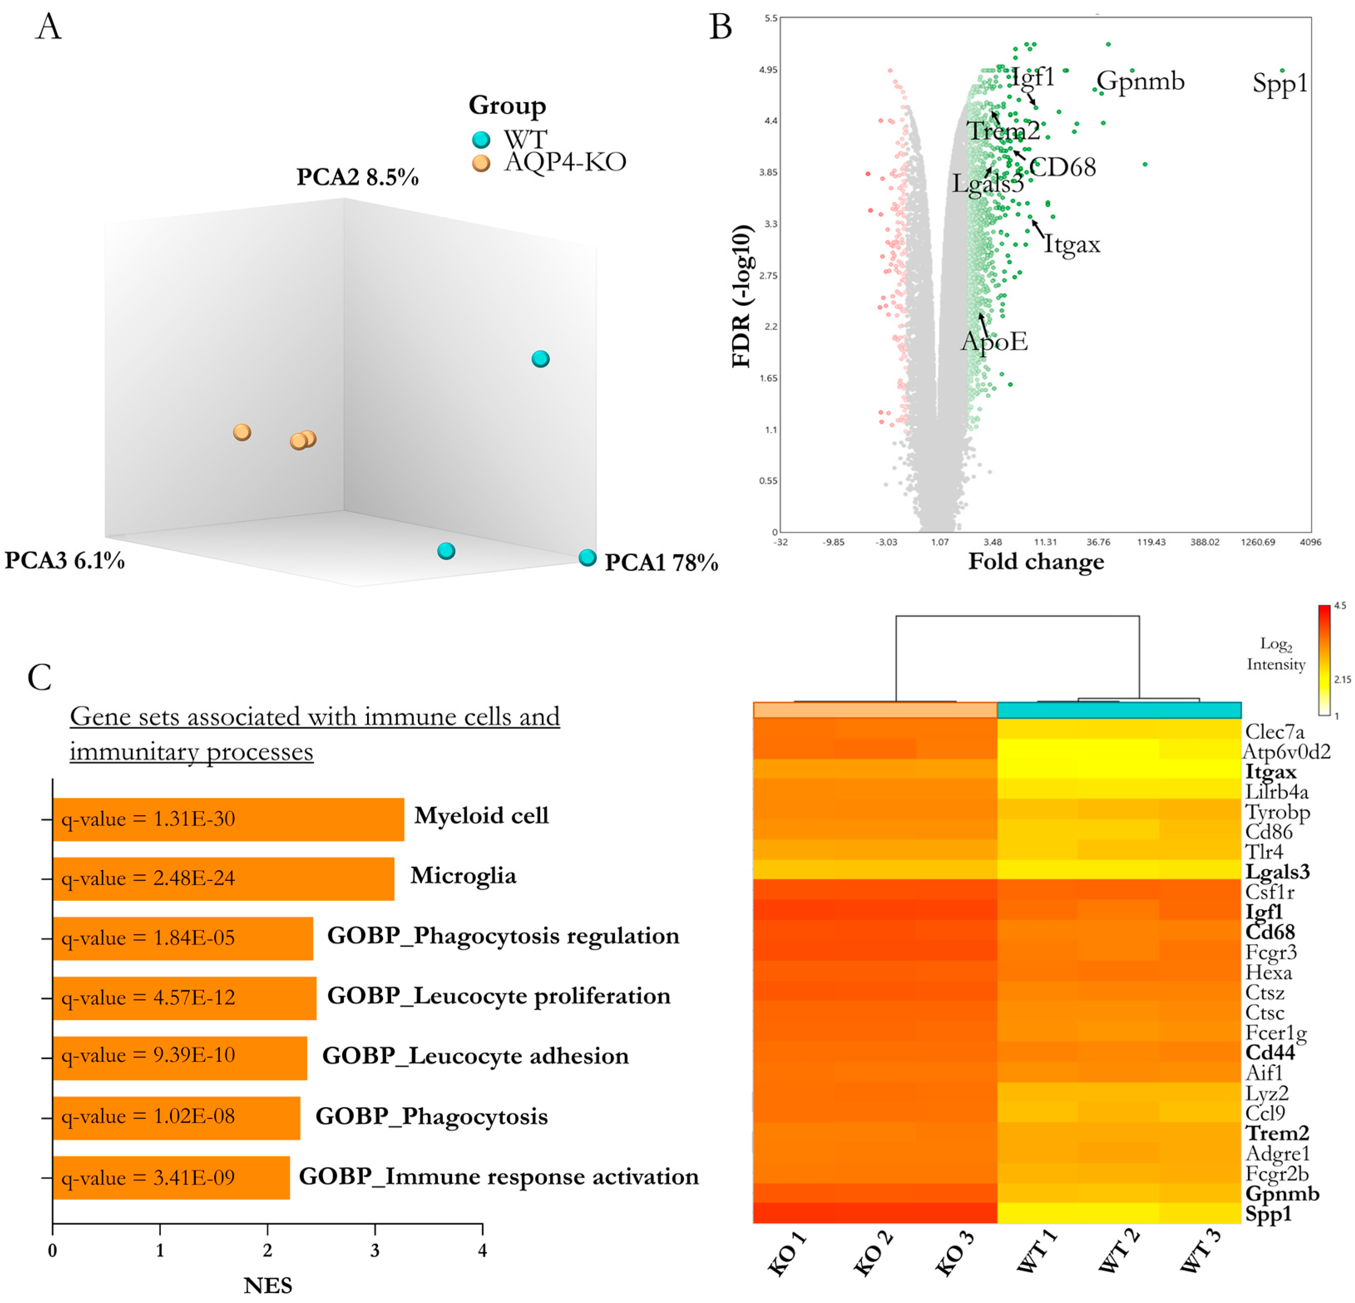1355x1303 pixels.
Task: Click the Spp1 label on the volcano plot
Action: click(1280, 84)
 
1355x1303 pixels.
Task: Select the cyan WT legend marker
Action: click(481, 140)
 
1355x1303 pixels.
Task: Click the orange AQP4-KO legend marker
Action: click(481, 163)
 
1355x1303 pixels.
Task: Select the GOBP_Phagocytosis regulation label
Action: click(503, 936)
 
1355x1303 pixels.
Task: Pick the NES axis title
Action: click(267, 1285)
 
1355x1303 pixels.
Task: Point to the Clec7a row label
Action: click(1274, 732)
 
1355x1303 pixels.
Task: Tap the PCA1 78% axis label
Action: click(661, 562)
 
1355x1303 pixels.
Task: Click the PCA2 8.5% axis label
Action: click(358, 177)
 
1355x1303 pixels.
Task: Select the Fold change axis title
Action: click(1036, 561)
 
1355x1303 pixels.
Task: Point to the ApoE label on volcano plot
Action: click(994, 341)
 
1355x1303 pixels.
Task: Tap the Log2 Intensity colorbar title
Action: click(1276, 653)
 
